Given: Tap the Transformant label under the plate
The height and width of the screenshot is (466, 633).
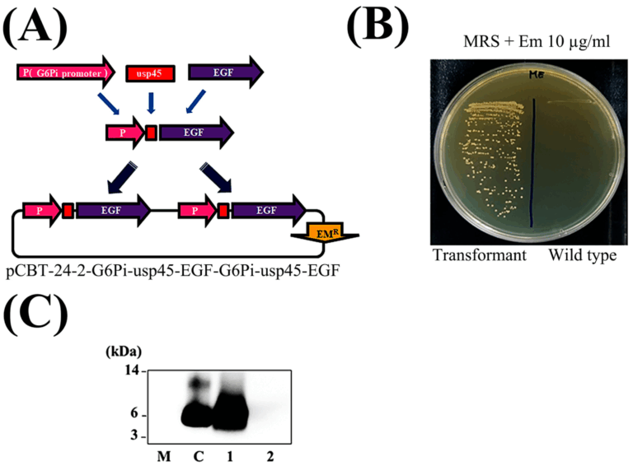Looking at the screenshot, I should click(x=480, y=256).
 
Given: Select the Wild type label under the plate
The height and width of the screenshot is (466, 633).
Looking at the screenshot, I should click(x=583, y=256).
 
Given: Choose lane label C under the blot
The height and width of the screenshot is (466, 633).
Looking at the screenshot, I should click(x=197, y=454).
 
